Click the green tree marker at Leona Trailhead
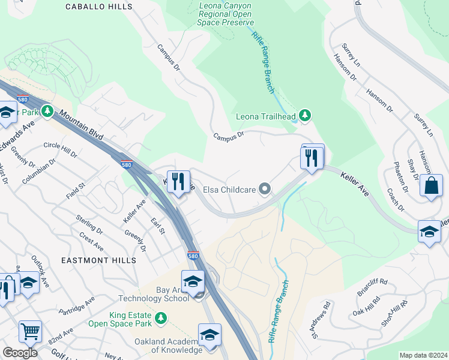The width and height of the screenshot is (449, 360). (x=305, y=116)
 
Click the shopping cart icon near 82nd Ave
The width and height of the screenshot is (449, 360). (x=29, y=331)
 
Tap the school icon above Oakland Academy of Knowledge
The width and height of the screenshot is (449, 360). (x=209, y=335)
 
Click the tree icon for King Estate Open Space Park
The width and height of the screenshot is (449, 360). (x=160, y=317)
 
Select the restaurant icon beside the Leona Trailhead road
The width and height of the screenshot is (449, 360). (x=312, y=158)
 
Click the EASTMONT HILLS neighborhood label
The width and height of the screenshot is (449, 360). (x=98, y=260)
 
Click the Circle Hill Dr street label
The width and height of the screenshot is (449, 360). (x=61, y=150)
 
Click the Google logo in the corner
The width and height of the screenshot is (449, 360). (x=20, y=353)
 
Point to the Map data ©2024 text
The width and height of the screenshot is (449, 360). (x=423, y=355)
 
